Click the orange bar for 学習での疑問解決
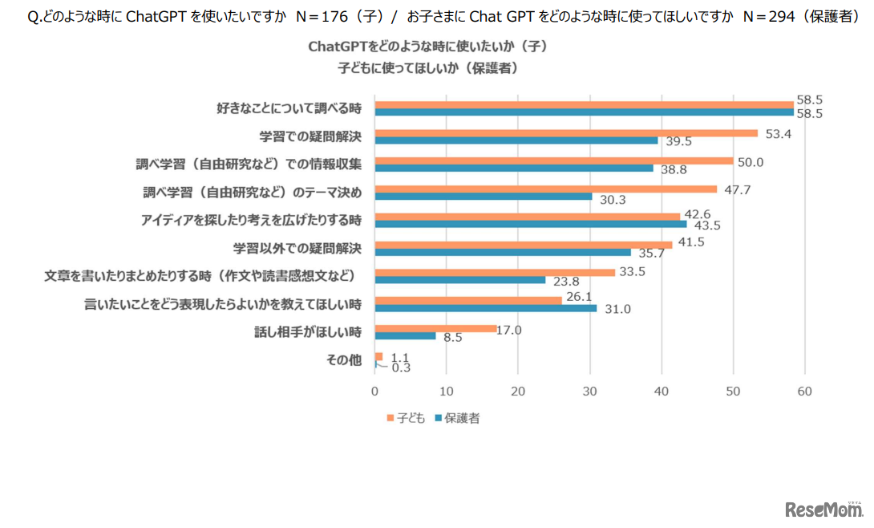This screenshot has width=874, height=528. [566, 133]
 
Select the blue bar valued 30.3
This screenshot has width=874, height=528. [484, 196]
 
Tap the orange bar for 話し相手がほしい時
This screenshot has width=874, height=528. [435, 328]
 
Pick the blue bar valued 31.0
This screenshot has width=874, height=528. [486, 307]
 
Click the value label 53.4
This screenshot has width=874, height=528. [779, 133]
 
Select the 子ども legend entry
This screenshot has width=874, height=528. [407, 418]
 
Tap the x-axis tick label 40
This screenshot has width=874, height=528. [662, 392]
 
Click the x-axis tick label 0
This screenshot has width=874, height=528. [374, 392]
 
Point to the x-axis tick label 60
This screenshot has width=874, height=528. [805, 392]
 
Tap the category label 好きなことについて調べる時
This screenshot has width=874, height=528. [289, 108]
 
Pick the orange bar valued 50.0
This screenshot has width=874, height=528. [554, 160]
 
